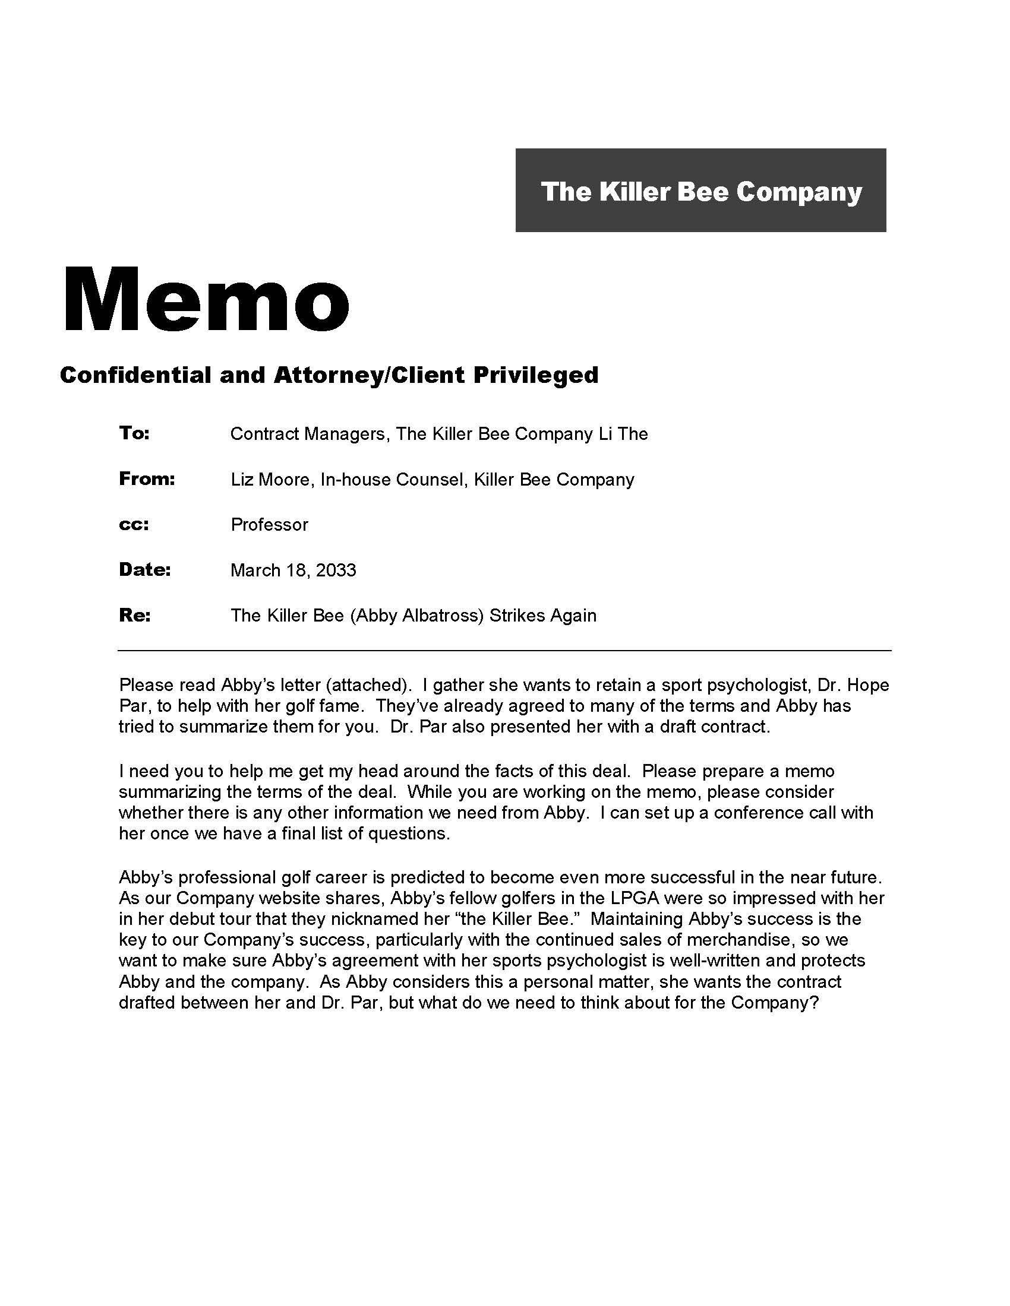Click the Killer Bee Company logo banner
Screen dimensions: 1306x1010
(700, 190)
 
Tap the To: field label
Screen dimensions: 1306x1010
(134, 433)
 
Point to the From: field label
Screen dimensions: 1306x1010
(147, 478)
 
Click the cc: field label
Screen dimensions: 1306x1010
(134, 524)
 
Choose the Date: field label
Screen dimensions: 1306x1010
(145, 569)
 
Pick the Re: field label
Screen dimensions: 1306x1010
(135, 615)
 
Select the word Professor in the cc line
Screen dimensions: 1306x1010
(269, 524)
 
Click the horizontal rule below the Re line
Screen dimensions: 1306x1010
(504, 650)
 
